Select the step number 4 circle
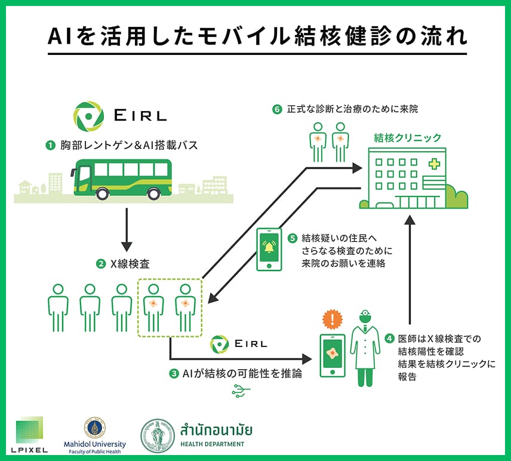click(389, 339)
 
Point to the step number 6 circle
click(276, 109)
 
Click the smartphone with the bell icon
click(269, 249)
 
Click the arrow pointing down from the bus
click(126, 229)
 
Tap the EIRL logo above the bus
click(120, 115)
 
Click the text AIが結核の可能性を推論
click(241, 374)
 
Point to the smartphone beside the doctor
click(333, 355)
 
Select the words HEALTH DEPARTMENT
click(212, 444)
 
